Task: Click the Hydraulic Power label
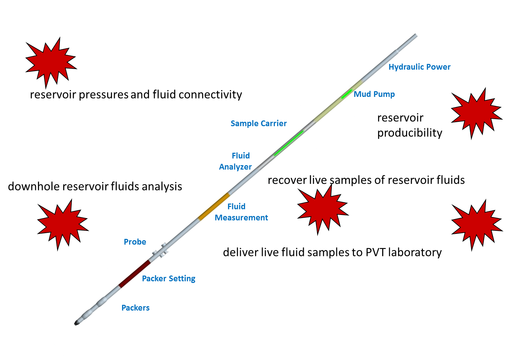click(x=419, y=67)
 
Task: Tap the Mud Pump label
click(x=374, y=94)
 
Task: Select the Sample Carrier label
click(x=258, y=123)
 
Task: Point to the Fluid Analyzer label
click(x=236, y=161)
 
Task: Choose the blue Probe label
click(x=135, y=242)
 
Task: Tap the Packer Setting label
click(x=169, y=279)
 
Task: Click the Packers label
click(x=136, y=308)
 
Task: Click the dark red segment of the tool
click(x=134, y=274)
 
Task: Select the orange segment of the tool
click(x=214, y=207)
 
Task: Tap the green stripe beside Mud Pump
click(x=347, y=94)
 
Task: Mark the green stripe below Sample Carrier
click(x=289, y=143)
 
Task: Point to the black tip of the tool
click(x=77, y=323)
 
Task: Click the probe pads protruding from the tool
click(x=160, y=251)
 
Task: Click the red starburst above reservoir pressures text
click(x=50, y=62)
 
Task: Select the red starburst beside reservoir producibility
click(x=476, y=113)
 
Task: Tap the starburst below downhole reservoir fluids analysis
click(x=62, y=224)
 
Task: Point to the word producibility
click(x=409, y=133)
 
